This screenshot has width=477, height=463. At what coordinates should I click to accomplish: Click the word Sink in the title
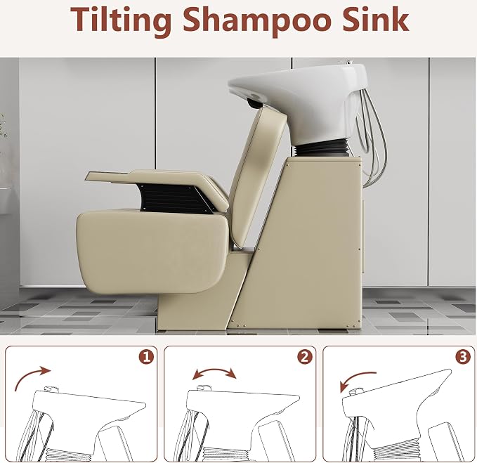[x=375, y=19]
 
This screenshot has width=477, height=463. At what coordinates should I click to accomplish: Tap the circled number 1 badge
[x=146, y=356]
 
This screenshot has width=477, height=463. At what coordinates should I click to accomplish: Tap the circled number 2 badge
[x=305, y=356]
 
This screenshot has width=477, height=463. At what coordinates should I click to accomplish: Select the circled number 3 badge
[x=464, y=356]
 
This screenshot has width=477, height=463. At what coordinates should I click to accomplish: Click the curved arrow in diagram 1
[x=28, y=374]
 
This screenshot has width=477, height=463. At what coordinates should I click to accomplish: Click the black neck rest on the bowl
[x=255, y=103]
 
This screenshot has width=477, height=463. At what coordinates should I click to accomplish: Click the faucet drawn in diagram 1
[x=51, y=389]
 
